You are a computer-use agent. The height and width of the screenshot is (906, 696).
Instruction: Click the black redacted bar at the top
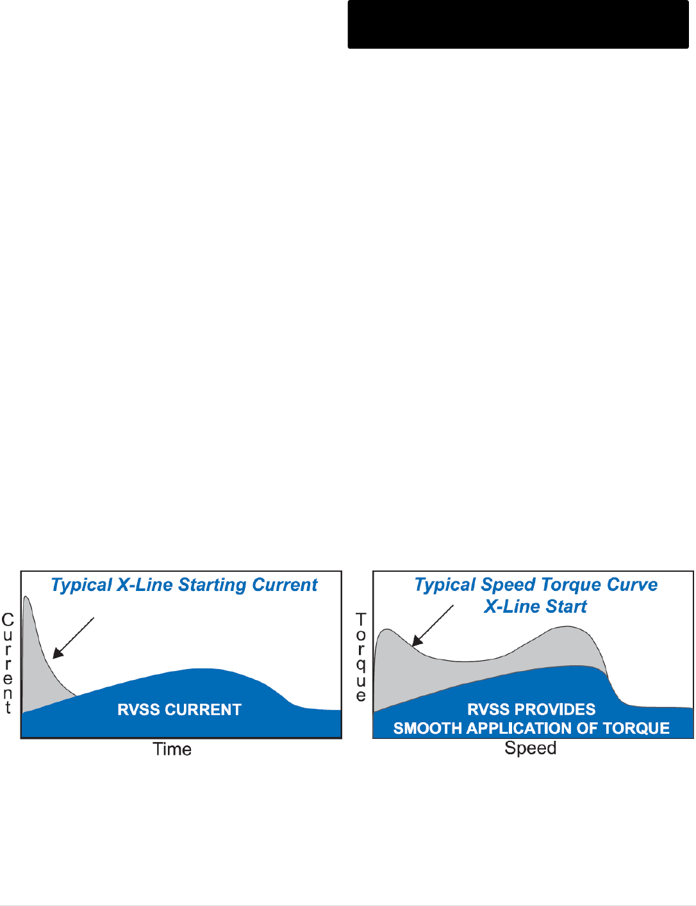click(x=518, y=24)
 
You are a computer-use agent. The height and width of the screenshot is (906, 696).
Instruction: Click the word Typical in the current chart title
click(x=81, y=586)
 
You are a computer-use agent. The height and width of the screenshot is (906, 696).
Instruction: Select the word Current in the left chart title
click(x=285, y=585)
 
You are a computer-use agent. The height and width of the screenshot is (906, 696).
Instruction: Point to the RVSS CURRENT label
click(x=179, y=709)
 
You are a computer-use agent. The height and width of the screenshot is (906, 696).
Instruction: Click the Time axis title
click(x=172, y=749)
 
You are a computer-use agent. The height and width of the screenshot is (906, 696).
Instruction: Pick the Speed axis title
click(x=531, y=748)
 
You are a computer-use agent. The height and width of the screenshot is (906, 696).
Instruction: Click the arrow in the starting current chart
click(x=74, y=638)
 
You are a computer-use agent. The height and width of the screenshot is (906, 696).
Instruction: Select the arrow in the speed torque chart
click(x=433, y=626)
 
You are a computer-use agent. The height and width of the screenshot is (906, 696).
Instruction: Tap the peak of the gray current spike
click(x=26, y=597)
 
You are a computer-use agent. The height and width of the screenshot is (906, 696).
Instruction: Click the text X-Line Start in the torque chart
click(x=535, y=606)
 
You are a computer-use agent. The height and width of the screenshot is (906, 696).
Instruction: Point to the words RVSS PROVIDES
click(x=531, y=709)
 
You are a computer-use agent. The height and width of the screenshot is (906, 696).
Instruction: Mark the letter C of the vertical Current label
click(x=8, y=620)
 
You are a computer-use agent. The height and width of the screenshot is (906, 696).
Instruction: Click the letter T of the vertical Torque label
click(x=361, y=619)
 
